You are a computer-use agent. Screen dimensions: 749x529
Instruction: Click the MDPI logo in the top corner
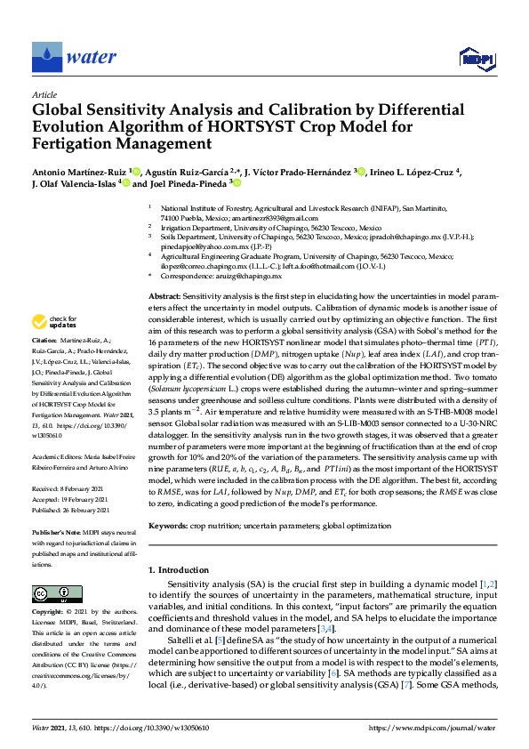point(476,58)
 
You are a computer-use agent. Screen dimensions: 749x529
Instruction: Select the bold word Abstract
point(164,294)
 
